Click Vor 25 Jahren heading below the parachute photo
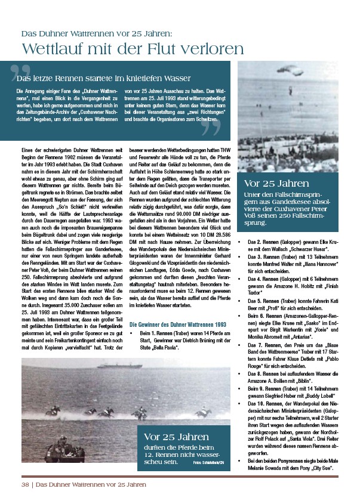pos(276,183)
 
